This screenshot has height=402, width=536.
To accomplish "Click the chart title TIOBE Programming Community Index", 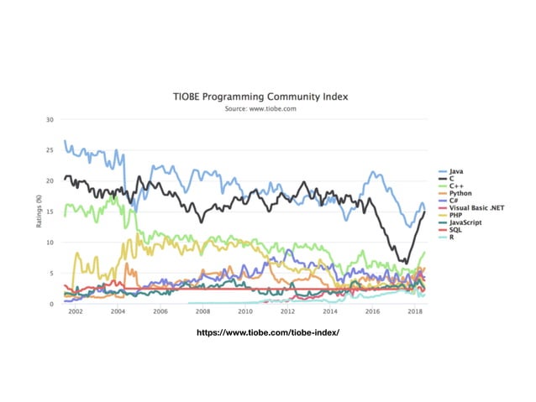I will pyautogui.click(x=266, y=97).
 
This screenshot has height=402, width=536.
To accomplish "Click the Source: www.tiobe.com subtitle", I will pyautogui.click(x=266, y=108).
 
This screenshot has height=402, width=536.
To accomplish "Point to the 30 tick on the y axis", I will pyautogui.click(x=50, y=119).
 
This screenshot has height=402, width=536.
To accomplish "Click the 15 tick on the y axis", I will pyautogui.click(x=50, y=211).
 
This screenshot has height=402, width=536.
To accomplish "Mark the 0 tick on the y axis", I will pyautogui.click(x=52, y=304).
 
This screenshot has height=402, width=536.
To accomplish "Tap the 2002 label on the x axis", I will pyautogui.click(x=75, y=311).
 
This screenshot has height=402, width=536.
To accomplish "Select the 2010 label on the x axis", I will pyautogui.click(x=244, y=311).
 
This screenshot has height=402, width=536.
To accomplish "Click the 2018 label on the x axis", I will pyautogui.click(x=414, y=311).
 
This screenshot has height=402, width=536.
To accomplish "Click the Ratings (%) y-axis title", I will pyautogui.click(x=39, y=211).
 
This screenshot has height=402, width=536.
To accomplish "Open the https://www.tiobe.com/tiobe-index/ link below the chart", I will pyautogui.click(x=266, y=332).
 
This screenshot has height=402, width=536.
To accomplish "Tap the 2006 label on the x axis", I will pyautogui.click(x=160, y=311).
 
